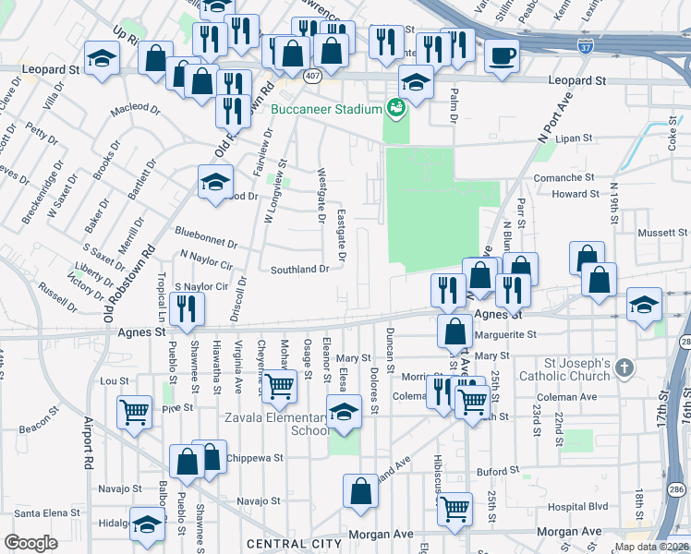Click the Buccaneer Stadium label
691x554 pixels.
tap(327, 109)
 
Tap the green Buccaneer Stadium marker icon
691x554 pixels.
tap(396, 108)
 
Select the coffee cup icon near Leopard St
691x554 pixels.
tap(502, 56)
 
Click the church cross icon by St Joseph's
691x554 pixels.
tap(624, 369)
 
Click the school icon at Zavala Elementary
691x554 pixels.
tap(344, 411)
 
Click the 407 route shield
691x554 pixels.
tap(314, 78)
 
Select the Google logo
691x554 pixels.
tap(30, 543)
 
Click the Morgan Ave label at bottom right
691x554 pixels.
tap(569, 532)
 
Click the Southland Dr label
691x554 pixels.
tap(299, 270)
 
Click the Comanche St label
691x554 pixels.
tap(564, 176)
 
